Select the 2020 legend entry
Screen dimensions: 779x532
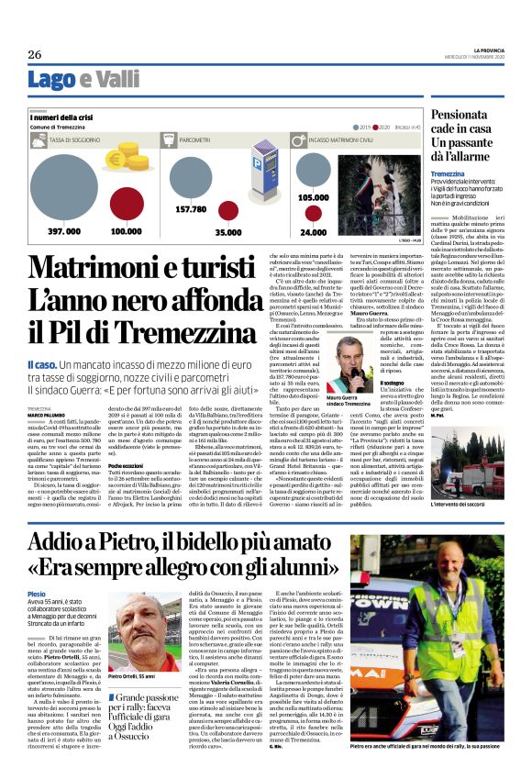coord(390,127)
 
